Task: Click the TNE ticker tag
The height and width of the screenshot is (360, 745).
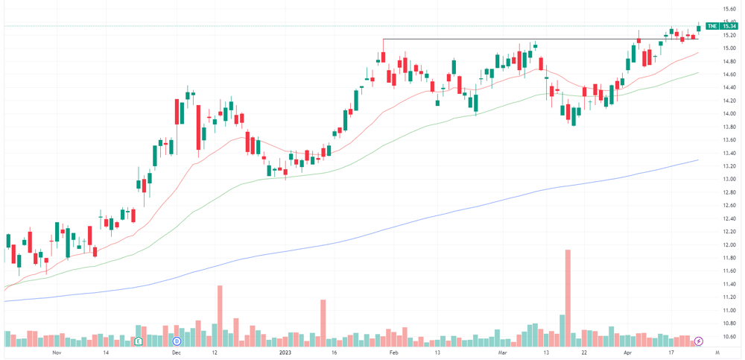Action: [711, 26]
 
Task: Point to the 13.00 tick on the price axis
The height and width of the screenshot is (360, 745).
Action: [730, 179]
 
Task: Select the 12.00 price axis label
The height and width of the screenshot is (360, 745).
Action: [730, 244]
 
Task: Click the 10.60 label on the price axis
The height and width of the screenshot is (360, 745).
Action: [730, 336]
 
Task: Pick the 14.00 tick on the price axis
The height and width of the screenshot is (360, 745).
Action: [730, 113]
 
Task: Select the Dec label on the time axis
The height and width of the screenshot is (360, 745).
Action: [177, 353]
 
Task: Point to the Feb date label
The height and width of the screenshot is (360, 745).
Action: [393, 353]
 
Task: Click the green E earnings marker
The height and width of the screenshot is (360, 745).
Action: [139, 341]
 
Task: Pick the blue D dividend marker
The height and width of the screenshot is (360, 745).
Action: [177, 341]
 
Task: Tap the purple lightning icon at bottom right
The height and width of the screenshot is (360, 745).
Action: [699, 341]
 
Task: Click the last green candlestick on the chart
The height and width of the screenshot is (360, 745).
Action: [699, 28]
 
